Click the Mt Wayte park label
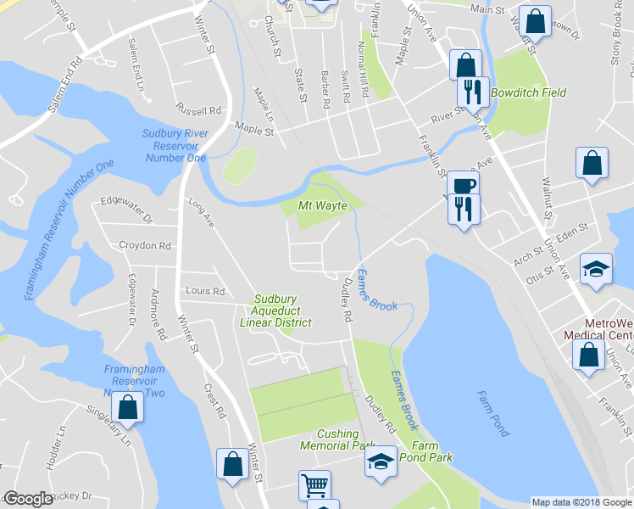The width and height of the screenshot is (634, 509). click(323, 205)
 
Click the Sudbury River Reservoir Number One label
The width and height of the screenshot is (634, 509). click(175, 144)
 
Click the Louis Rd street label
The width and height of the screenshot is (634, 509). click(205, 291)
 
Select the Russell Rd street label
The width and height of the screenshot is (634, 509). click(197, 110)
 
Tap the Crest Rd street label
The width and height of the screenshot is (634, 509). click(214, 401)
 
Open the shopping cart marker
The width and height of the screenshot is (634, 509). click(314, 485)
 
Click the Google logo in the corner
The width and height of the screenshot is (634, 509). click(27, 499)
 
